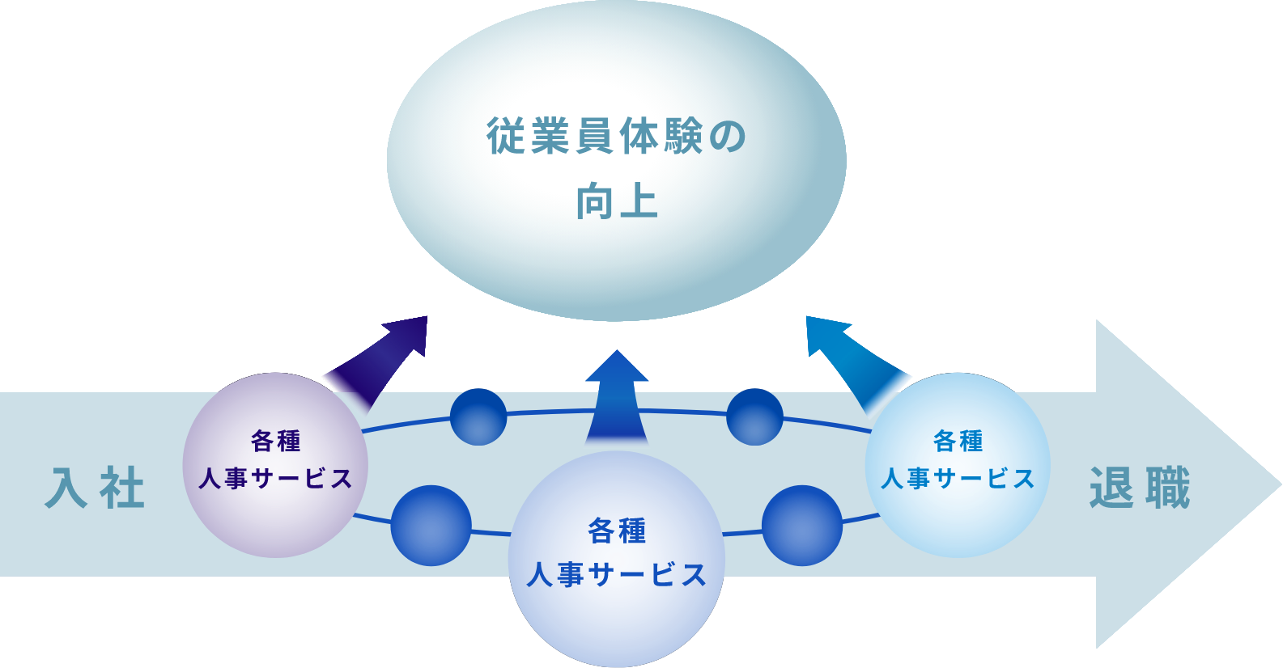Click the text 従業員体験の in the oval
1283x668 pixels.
[616, 136]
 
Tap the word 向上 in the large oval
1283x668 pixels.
[616, 201]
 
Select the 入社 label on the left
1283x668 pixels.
[96, 488]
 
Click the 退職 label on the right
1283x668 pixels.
[1140, 488]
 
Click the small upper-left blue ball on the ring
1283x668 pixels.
[478, 416]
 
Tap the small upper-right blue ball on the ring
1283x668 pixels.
[754, 416]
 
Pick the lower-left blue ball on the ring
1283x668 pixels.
[431, 526]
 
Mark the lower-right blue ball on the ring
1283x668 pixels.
[802, 526]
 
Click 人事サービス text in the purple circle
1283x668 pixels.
[275, 479]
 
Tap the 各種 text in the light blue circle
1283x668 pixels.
[958, 441]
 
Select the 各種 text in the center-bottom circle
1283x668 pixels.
[616, 531]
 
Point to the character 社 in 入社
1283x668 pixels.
[122, 488]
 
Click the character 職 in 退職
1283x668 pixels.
[1166, 488]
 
